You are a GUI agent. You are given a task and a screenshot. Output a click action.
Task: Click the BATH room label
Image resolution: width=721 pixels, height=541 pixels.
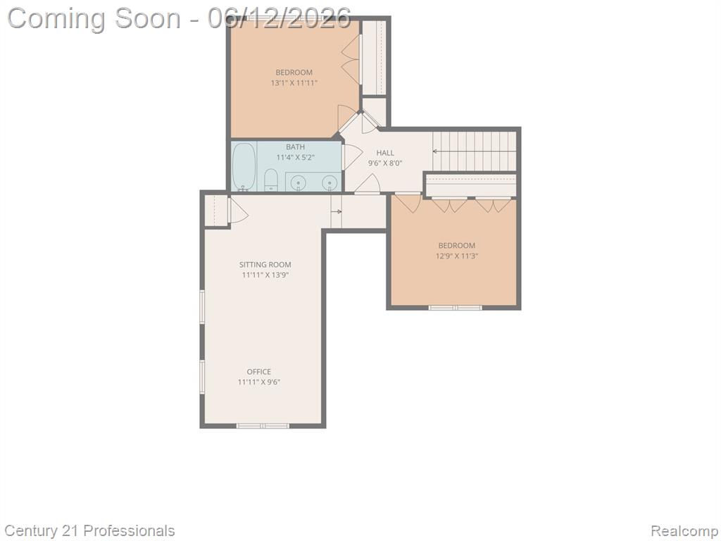tap(295, 147)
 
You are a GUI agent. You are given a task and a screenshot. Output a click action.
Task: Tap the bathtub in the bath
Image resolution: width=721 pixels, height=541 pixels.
tap(244, 167)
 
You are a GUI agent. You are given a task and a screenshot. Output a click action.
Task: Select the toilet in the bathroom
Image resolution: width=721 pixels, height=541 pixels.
tap(271, 180)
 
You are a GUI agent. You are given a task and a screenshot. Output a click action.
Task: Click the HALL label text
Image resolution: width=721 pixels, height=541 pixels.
tap(385, 153)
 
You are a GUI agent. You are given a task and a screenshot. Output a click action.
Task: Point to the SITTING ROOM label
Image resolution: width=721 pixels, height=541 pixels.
tap(265, 265)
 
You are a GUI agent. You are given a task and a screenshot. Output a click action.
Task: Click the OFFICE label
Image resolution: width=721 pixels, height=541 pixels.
tap(259, 372)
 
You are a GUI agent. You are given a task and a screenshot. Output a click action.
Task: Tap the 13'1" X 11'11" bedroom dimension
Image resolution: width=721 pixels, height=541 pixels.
tap(294, 83)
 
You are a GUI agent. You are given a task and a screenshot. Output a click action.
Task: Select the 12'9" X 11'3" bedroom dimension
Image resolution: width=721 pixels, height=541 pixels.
tap(457, 256)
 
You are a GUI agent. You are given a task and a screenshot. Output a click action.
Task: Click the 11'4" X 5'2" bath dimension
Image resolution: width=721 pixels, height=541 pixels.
tap(295, 157)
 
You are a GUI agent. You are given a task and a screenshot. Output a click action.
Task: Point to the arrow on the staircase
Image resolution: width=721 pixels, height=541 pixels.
tap(474, 151)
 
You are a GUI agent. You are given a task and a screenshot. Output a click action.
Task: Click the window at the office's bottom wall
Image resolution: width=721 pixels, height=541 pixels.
tap(263, 426)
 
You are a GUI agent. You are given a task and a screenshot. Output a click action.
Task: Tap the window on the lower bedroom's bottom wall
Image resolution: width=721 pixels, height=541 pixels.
tap(456, 307)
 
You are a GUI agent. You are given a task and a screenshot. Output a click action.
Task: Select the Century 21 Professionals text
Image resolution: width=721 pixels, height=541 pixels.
tap(89, 531)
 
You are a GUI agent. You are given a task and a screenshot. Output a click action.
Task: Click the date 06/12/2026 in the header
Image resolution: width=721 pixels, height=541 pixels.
tap(279, 18)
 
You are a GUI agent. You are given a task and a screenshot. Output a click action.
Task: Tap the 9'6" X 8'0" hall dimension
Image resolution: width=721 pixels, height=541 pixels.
tap(385, 163)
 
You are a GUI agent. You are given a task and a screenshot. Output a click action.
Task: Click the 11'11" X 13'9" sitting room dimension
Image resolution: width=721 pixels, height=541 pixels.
tap(265, 275)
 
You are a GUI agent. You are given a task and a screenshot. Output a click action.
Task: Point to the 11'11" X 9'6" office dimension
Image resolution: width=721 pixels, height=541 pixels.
tap(259, 382)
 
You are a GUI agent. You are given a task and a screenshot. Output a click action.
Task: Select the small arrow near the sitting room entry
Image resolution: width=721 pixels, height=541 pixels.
tap(337, 211)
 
